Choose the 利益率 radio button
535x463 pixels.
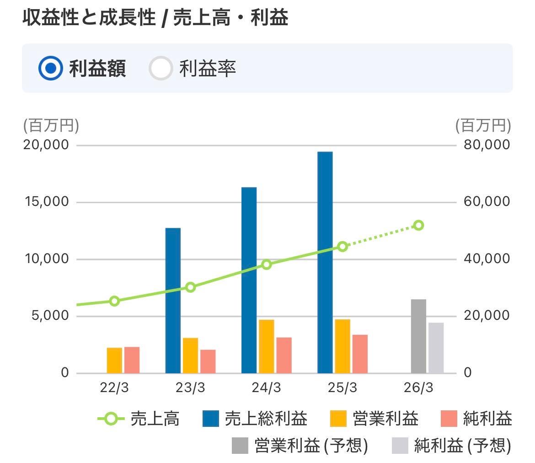tap(160, 68)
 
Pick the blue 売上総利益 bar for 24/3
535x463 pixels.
tap(249, 280)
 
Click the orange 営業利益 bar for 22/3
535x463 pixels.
tap(114, 361)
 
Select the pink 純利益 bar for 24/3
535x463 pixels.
tap(284, 355)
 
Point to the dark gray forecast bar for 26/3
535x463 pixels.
tap(418, 336)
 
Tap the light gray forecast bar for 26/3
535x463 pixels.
tap(436, 348)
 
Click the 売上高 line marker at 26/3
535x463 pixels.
tap(418, 225)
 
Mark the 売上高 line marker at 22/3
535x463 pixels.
tap(114, 301)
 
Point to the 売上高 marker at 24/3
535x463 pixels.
tap(267, 264)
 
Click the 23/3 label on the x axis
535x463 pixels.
tap(191, 388)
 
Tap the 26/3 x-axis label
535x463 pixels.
tap(418, 388)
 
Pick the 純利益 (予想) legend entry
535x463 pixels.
tap(452, 445)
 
